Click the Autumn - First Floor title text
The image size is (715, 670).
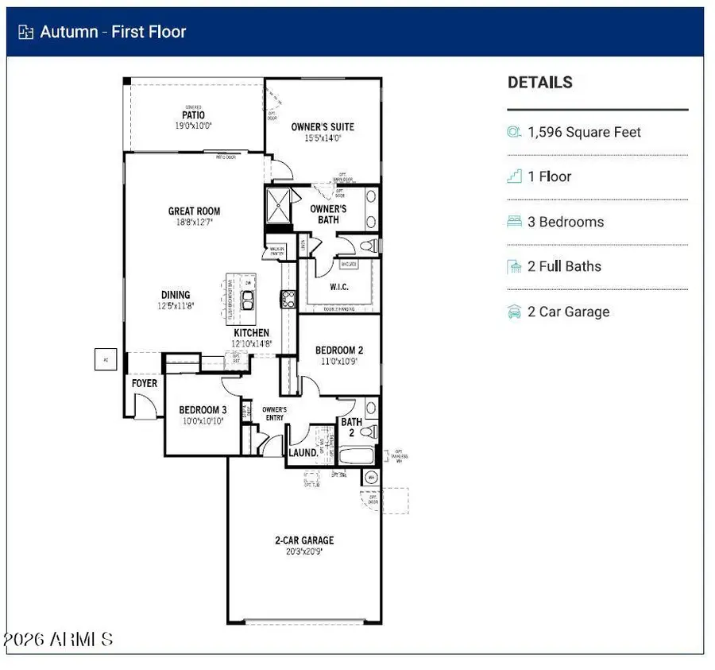113,32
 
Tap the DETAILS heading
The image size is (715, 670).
539,82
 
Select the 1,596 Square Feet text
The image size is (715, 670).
584,133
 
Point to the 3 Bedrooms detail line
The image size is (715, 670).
566,222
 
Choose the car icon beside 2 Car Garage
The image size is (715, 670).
514,312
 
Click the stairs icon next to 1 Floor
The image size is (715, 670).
514,176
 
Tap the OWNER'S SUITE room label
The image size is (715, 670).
323,126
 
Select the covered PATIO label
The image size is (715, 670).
193,115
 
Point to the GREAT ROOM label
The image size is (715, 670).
194,211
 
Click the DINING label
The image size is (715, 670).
176,295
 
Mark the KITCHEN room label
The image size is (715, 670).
251,333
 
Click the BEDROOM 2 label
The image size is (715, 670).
339,350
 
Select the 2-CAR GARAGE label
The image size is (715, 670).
304,540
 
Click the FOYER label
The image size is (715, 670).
145,383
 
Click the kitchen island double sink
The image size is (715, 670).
248,299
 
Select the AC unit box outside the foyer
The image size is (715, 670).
105,359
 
